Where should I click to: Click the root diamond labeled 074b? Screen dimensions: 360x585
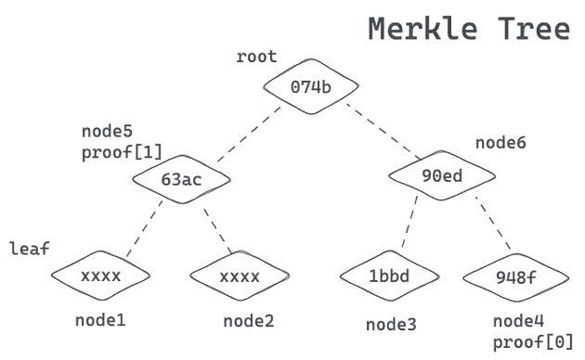point(311,88)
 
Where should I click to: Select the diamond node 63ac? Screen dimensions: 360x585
point(181,179)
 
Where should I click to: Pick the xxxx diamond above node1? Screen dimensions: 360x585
point(100,276)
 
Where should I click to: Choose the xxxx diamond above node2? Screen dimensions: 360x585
point(239,276)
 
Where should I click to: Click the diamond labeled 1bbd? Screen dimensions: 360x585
point(389,276)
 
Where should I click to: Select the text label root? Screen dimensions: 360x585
point(256,58)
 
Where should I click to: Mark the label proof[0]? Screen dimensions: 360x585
point(533,342)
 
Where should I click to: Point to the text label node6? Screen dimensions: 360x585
point(500,143)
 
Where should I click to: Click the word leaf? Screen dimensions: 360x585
point(30,249)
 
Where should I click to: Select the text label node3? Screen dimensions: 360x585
point(391,324)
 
